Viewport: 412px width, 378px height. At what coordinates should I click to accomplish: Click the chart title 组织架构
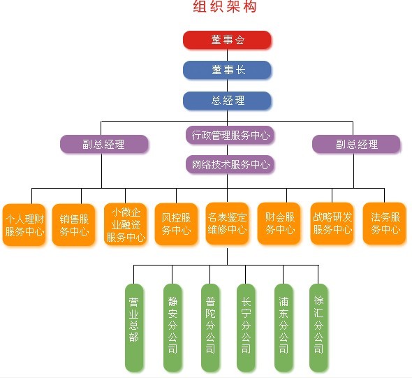tap(225, 8)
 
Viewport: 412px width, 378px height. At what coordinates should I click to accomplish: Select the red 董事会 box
tap(227, 40)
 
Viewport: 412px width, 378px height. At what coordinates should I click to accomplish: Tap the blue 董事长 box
tap(227, 70)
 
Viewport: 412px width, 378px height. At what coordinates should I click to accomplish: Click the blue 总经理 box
tap(227, 101)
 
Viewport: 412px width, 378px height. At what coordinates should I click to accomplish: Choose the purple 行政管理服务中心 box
tap(229, 134)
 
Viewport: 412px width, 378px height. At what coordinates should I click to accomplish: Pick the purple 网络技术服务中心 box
tap(229, 165)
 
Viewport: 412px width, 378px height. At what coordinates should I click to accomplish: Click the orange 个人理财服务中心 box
tap(24, 224)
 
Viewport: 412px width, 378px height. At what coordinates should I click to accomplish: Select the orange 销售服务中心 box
tap(73, 224)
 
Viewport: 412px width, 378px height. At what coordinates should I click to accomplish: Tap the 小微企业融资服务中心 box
tap(125, 224)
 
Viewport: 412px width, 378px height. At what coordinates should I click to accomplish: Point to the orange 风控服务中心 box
tap(176, 224)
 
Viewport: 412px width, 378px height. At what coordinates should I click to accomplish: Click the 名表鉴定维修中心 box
tap(227, 224)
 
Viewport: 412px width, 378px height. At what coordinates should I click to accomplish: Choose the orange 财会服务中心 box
tap(279, 224)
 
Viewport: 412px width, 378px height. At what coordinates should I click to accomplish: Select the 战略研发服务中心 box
tap(332, 224)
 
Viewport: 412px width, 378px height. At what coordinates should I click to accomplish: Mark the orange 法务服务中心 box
tap(384, 224)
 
